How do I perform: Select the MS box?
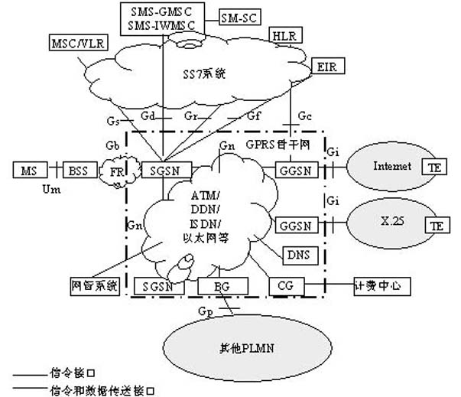click(28, 169)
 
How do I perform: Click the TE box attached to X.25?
click(437, 226)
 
